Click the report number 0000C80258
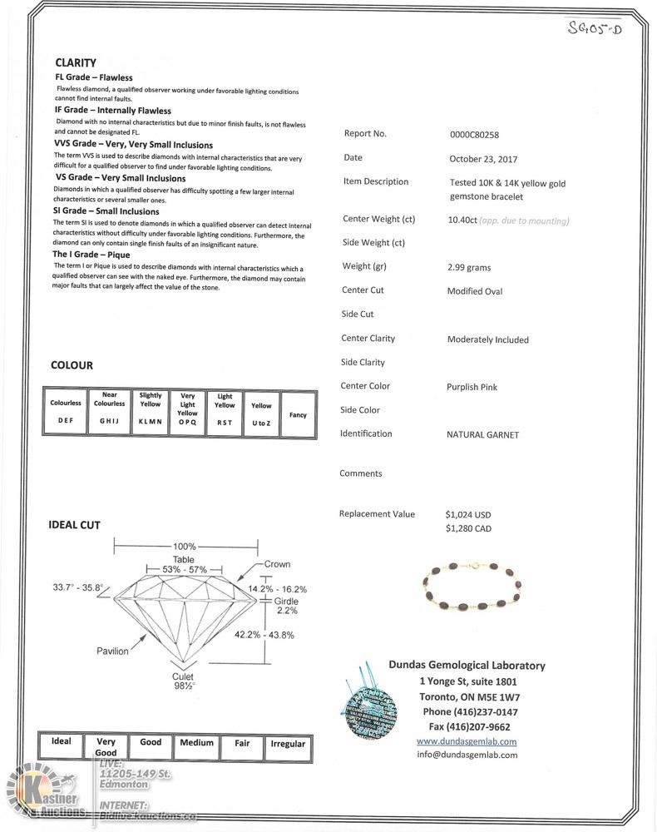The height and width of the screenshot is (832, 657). (x=474, y=134)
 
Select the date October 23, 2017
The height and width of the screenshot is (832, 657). (x=482, y=158)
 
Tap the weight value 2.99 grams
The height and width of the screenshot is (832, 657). (x=469, y=268)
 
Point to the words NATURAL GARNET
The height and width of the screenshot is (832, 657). (x=482, y=435)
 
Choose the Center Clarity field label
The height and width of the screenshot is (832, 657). (x=368, y=339)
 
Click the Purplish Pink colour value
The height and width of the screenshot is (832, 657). (x=472, y=387)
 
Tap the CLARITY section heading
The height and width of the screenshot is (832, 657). (x=76, y=62)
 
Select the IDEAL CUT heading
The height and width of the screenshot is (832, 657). (x=74, y=525)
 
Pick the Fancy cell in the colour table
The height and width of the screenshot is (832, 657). (x=297, y=414)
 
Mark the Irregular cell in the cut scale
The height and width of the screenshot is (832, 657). (x=288, y=744)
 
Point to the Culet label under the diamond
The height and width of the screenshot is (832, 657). (x=183, y=677)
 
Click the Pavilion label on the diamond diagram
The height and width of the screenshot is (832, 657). (x=112, y=651)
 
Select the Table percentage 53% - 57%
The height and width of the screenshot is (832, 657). (x=184, y=569)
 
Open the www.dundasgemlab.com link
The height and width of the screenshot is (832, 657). (x=467, y=741)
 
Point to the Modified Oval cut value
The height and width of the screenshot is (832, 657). (x=475, y=292)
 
